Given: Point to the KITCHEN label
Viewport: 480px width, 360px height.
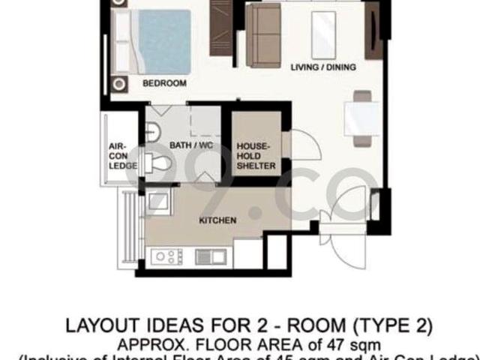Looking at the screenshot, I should pyautogui.click(x=217, y=220).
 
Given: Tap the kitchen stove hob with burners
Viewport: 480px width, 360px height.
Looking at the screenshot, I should pyautogui.click(x=166, y=257).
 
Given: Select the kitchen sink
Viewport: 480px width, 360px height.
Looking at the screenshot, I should pyautogui.click(x=210, y=256).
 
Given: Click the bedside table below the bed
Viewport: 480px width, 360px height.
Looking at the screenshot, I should pyautogui.click(x=120, y=82).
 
